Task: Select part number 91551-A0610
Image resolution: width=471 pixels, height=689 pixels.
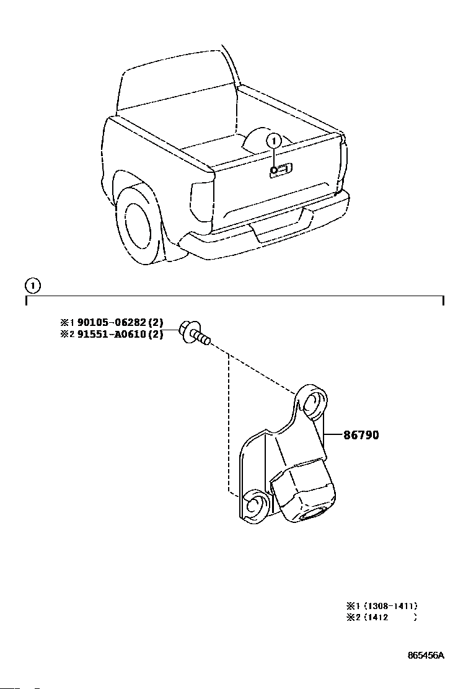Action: pyautogui.click(x=111, y=334)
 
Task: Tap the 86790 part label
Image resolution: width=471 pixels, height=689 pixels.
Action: pyautogui.click(x=361, y=435)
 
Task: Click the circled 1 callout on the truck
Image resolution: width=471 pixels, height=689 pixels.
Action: pyautogui.click(x=274, y=141)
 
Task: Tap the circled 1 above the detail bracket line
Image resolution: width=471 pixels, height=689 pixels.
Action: pyautogui.click(x=32, y=286)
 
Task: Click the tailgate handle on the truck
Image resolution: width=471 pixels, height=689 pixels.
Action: pyautogui.click(x=281, y=170)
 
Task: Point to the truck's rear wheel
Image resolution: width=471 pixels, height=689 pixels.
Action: pyautogui.click(x=137, y=226)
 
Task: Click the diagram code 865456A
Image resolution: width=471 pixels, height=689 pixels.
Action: pyautogui.click(x=426, y=656)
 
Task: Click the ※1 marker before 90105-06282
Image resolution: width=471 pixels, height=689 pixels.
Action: pyautogui.click(x=68, y=322)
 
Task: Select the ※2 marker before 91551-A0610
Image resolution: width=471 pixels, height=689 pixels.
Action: pyautogui.click(x=68, y=335)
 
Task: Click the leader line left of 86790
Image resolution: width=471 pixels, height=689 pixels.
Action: pyautogui.click(x=333, y=435)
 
